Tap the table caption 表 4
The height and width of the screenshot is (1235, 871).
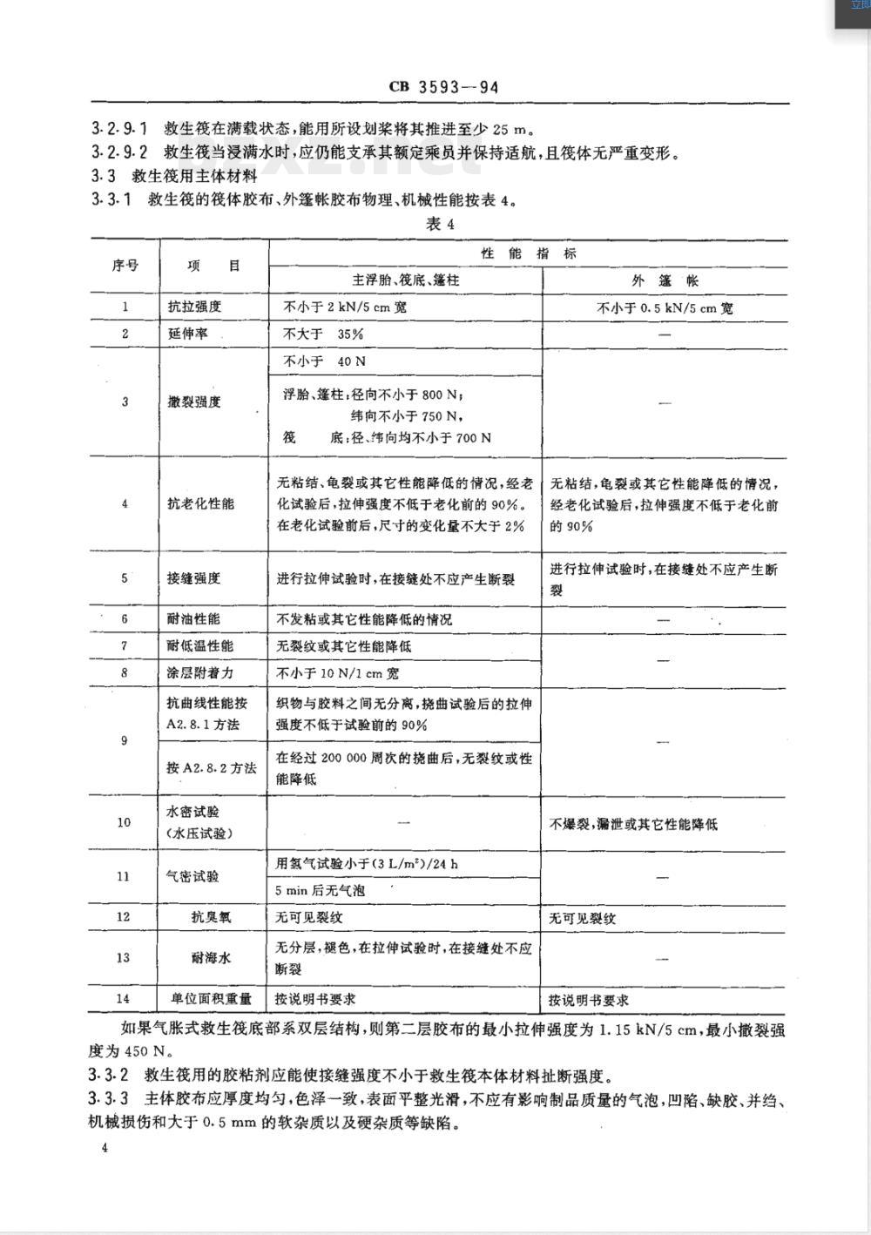coord(440,224)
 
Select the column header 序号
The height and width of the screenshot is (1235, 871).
coord(125,266)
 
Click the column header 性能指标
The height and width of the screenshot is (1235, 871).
coord(528,253)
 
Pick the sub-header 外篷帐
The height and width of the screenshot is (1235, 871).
coord(665,280)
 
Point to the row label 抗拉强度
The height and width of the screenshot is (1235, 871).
coord(195,307)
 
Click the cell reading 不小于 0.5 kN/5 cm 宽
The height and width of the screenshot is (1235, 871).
coord(665,307)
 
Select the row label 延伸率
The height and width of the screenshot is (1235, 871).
coord(188,334)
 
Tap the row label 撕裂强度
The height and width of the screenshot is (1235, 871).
coord(195,402)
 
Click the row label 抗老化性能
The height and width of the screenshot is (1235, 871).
coord(201,503)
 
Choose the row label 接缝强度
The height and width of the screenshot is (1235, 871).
coord(194,577)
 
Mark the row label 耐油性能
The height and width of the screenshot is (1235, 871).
coord(194,618)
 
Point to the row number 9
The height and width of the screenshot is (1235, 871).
coord(125,741)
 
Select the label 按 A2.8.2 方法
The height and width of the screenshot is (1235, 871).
coord(212,768)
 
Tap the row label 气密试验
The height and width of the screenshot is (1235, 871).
coord(193,877)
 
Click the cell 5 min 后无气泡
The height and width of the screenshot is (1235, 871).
coord(320,891)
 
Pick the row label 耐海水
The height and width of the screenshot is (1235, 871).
coord(211,957)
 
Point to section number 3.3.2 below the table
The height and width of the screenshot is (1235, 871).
coord(110,1074)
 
